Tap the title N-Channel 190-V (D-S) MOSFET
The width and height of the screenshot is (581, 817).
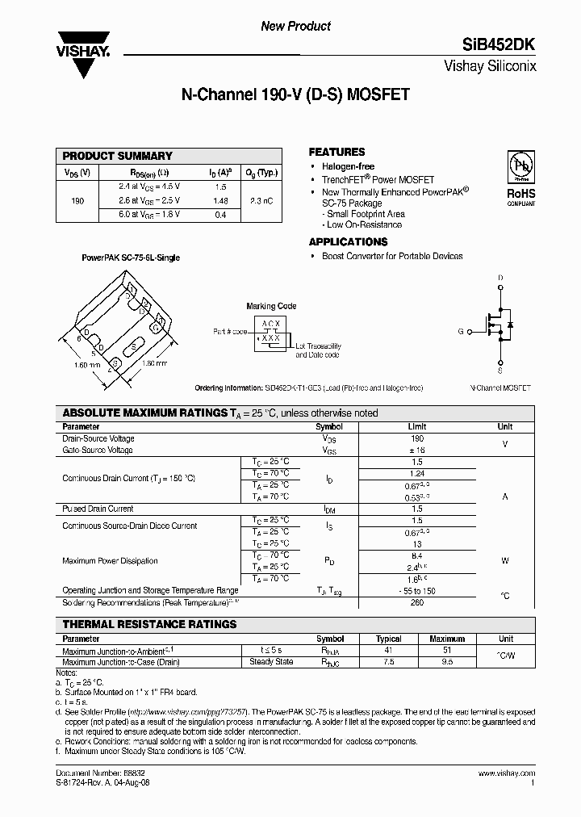click(296, 94)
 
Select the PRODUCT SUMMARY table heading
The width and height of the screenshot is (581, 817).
click(117, 156)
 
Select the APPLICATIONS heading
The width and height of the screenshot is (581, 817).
click(348, 241)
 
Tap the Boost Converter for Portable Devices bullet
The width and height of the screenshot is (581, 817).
click(392, 256)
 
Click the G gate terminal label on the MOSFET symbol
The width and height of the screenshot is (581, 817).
click(461, 331)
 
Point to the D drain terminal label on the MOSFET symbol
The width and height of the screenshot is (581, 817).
click(500, 279)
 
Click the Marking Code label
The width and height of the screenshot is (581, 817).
click(271, 306)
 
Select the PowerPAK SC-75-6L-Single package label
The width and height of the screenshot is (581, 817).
click(131, 258)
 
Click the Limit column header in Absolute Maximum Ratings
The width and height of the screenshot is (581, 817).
click(416, 426)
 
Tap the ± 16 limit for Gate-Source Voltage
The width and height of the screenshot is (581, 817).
click(416, 449)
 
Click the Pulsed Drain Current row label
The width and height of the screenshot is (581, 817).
click(98, 509)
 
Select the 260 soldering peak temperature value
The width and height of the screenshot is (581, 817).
click(416, 602)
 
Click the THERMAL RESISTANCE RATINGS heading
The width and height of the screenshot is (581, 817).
click(149, 624)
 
